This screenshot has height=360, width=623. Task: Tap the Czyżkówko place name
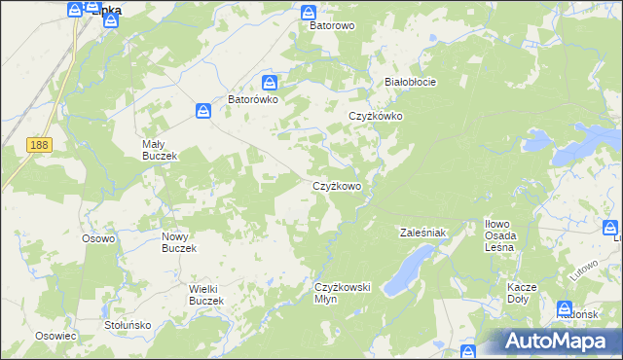coord(376,116)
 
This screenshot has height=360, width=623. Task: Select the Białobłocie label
coord(410,82)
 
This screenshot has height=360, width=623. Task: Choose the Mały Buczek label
coord(158,149)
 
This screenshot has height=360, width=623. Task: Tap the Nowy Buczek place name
coord(179,242)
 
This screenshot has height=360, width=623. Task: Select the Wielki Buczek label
coord(206,295)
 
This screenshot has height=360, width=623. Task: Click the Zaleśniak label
coord(422,233)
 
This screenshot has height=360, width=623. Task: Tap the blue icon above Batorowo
coord(309,13)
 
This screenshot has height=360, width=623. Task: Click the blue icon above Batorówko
coord(271,84)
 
